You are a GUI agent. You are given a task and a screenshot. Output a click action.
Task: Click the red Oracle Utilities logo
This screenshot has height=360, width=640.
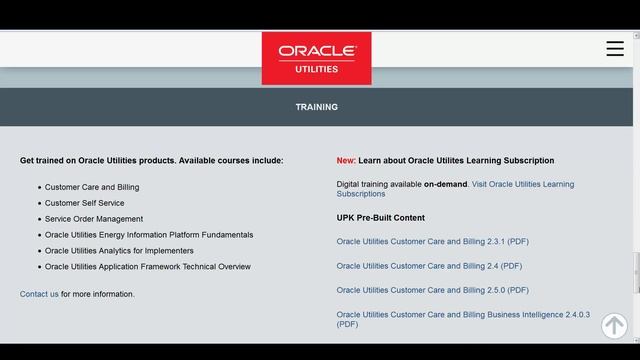[316, 58]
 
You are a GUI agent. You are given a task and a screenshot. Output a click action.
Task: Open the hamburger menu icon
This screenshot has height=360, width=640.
[615, 49]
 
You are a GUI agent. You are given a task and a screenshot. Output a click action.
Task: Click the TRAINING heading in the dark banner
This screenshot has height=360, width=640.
[316, 107]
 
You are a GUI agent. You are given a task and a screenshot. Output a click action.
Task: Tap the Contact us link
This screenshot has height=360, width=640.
[39, 294]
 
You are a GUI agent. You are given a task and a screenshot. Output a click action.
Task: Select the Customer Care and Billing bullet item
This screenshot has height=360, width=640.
[92, 187]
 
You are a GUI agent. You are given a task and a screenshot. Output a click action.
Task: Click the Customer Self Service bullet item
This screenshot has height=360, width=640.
[84, 203]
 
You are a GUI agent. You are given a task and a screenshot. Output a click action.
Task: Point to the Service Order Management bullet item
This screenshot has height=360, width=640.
[94, 219]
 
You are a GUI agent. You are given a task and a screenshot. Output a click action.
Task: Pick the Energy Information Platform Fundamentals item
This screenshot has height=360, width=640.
[149, 235]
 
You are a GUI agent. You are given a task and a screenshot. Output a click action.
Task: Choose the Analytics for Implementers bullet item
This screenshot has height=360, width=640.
[119, 251]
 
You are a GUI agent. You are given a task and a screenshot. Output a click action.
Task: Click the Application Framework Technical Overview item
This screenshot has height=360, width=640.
[148, 267]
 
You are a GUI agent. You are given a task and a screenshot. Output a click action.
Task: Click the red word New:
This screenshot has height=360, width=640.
[346, 160]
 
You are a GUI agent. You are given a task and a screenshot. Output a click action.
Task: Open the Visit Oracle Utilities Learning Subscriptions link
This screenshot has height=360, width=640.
[522, 184]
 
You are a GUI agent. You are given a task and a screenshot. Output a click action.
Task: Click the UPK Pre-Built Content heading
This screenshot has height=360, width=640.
[381, 218]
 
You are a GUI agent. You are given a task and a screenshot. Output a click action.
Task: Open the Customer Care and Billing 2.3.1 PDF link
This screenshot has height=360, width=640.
[433, 241]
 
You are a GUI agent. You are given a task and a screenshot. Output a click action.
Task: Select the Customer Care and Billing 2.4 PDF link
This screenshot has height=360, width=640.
[429, 266]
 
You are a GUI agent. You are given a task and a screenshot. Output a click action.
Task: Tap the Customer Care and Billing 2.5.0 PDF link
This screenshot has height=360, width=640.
[433, 290]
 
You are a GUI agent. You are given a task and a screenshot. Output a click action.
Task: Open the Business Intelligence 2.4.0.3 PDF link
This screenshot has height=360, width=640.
[463, 314]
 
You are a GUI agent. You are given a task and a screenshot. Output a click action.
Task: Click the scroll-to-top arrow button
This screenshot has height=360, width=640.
[614, 325]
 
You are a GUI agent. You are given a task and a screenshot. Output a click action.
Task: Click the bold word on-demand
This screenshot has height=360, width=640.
[445, 184]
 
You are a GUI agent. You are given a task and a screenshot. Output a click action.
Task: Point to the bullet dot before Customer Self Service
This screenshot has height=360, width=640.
[40, 204]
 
